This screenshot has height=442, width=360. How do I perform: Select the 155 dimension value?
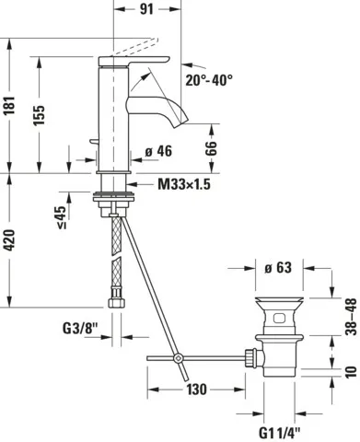(40, 111)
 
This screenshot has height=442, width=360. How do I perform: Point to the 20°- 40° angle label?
(207, 80)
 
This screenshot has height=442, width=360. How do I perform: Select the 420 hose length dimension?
(10, 242)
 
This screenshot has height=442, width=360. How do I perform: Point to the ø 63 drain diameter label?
(277, 268)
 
